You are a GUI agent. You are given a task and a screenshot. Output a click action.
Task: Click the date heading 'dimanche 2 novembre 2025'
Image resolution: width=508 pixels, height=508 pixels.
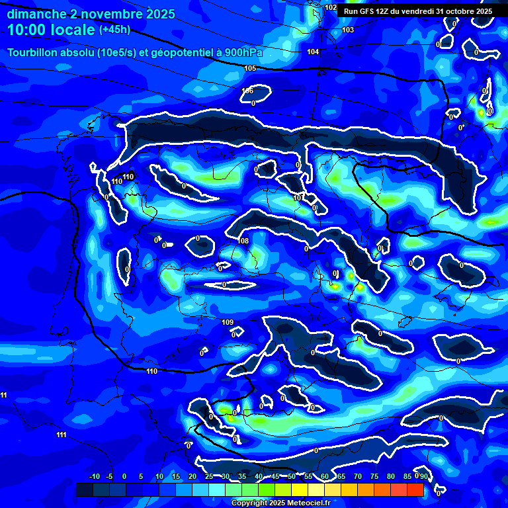click(x=91, y=14)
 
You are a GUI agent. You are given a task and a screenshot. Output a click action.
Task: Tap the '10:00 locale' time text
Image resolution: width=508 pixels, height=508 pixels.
click(x=51, y=30)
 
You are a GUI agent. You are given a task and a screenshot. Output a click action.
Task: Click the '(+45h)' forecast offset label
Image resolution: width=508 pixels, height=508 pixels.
click(x=114, y=30)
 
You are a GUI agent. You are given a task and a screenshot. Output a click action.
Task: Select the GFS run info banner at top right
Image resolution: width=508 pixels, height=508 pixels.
click(x=417, y=11)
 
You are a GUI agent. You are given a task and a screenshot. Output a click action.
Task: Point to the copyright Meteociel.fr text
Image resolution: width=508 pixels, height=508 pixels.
click(x=280, y=503)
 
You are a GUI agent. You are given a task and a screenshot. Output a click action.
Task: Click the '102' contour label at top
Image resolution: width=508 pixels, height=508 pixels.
click(x=331, y=7)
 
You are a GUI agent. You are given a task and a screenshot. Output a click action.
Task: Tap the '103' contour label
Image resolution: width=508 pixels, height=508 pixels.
click(x=348, y=30)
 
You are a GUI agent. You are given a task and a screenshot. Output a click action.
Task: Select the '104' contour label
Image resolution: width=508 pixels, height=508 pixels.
click(x=314, y=52)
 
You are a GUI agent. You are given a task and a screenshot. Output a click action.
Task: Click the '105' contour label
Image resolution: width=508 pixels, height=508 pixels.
click(x=250, y=68)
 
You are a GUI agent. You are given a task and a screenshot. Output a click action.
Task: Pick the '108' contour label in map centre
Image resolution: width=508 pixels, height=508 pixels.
click(x=243, y=241)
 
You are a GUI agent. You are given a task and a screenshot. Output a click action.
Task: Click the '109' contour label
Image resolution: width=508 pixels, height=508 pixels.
click(x=228, y=322)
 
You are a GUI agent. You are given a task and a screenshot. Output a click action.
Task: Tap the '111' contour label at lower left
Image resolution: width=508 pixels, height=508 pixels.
click(x=61, y=435)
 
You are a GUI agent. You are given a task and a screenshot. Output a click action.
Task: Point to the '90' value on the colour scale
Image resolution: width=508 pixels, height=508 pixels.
click(x=423, y=476)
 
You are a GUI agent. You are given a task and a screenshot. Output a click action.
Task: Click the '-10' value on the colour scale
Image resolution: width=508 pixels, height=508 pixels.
click(x=95, y=476)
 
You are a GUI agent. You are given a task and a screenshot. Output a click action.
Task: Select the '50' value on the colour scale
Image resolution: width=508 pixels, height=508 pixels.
click(x=291, y=476)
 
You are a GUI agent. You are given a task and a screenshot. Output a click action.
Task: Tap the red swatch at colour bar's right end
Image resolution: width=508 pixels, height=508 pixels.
click(x=415, y=489)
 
